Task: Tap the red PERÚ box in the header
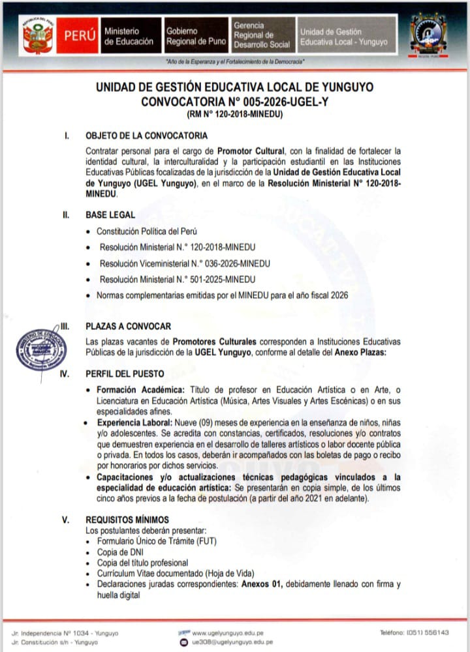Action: tap(79, 36)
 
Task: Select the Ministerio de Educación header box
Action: tap(129, 36)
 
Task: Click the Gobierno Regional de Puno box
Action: tap(195, 36)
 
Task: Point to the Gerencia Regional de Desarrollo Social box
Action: tap(261, 35)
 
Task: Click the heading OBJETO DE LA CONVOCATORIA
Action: tap(147, 136)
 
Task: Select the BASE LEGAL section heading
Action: tap(110, 215)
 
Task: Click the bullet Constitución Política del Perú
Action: tap(146, 231)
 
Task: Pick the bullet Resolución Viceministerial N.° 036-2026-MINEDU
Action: tap(185, 263)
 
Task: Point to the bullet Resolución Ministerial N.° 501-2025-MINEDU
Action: tap(177, 279)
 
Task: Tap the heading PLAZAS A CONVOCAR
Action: tap(128, 326)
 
